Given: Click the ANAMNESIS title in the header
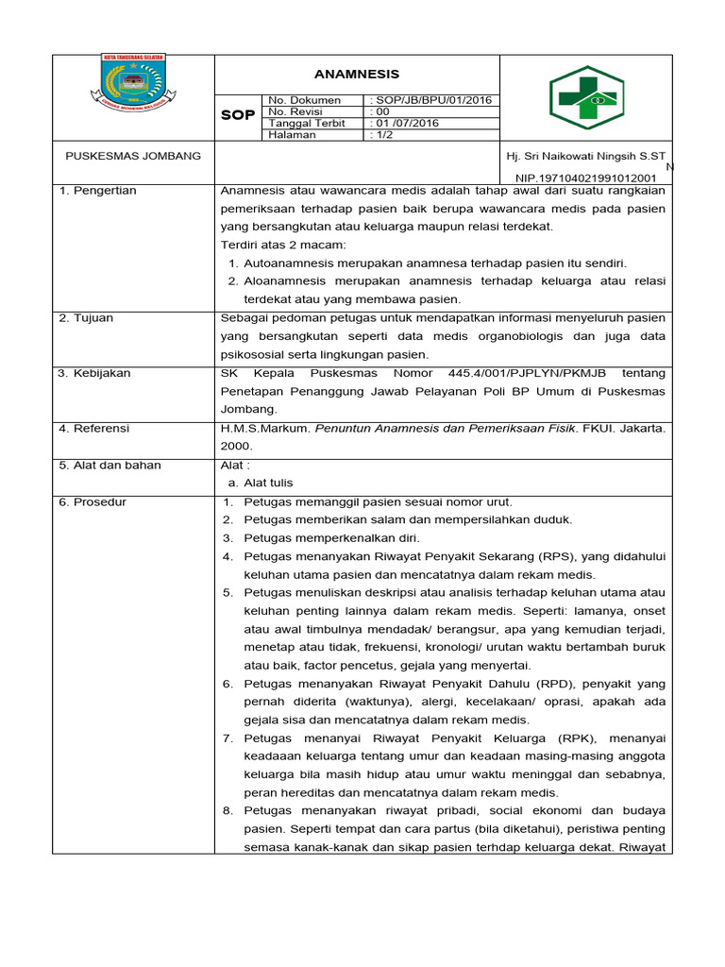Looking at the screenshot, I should (x=357, y=75).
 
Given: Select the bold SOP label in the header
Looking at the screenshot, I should (x=238, y=116).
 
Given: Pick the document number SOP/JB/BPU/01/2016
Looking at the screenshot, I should (x=431, y=100).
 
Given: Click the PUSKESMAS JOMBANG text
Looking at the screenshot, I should (x=132, y=156).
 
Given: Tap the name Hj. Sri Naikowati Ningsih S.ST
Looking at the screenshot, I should (x=585, y=156).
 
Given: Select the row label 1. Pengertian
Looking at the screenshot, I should (x=98, y=191).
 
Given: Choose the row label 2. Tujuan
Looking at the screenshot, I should (x=86, y=318).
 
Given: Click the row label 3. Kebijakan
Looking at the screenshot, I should (x=94, y=373).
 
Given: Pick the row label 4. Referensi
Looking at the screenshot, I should (x=94, y=428).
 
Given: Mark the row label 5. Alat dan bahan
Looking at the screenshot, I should (x=110, y=465).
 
